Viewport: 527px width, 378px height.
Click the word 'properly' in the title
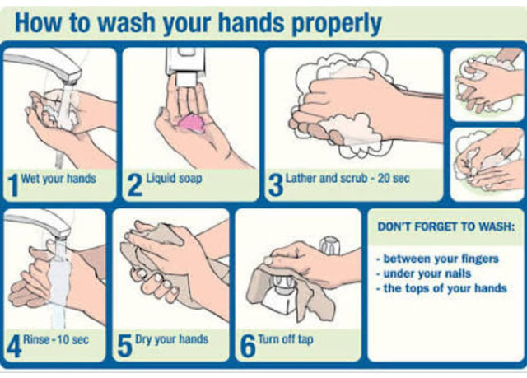click(337, 24)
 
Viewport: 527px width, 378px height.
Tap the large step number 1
click(13, 185)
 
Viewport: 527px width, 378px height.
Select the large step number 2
click(135, 185)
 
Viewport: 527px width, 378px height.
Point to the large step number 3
click(276, 185)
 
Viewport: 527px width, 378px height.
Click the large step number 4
click(14, 347)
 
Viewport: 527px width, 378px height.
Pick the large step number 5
click(124, 347)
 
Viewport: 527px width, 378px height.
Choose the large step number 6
click(248, 347)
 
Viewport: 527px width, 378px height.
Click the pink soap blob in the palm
click(192, 124)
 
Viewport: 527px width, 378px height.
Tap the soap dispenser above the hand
click(184, 68)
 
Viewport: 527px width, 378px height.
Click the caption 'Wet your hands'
click(58, 179)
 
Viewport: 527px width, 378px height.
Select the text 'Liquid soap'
click(174, 178)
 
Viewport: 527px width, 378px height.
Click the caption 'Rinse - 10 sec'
click(56, 339)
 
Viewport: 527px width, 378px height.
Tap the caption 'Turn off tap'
click(286, 339)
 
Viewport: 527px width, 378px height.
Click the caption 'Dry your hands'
click(172, 339)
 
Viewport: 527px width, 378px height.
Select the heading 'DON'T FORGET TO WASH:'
click(446, 226)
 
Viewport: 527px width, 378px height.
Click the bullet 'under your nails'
click(424, 273)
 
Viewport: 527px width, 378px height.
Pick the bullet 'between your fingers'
click(437, 259)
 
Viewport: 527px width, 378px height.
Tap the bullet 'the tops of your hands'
click(442, 288)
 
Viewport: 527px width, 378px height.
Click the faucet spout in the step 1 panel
click(44, 66)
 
